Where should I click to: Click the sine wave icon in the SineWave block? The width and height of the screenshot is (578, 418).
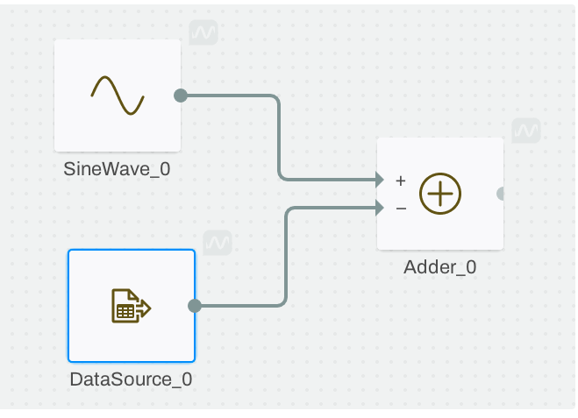pos(118,96)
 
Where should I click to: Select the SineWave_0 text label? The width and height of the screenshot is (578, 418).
pos(117,169)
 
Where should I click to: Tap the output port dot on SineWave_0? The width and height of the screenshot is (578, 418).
pos(180,96)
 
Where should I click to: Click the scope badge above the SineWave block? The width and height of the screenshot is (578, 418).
pos(203,33)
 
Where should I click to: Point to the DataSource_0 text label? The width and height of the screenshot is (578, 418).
pos(131,379)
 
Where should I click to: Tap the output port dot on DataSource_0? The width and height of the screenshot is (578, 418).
pos(195,306)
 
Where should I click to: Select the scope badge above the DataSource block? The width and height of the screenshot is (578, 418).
pos(217,243)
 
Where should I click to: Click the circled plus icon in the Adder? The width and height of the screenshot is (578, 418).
pos(440,194)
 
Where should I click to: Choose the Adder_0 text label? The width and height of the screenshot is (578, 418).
pos(440,268)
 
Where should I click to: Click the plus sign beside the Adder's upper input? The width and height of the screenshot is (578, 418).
pos(401,181)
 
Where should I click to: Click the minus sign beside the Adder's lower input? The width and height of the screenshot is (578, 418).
pos(401,209)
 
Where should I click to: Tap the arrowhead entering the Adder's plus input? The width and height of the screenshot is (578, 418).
pos(379,180)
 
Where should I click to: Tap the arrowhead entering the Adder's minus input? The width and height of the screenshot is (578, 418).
pos(379,208)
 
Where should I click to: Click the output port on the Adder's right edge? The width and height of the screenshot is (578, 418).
pos(501,194)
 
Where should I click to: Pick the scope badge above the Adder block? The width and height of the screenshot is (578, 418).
pos(526,131)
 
